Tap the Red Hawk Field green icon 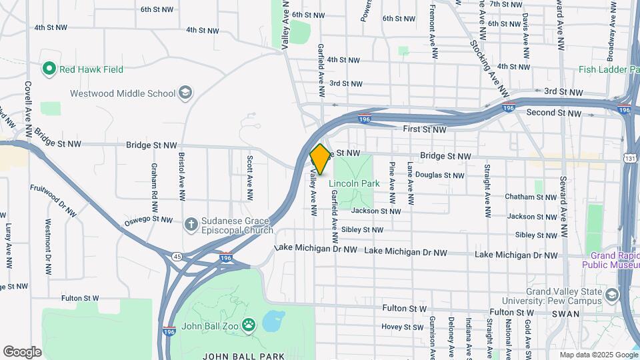[49, 69]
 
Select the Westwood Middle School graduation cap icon [186, 93]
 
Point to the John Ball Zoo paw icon [248, 325]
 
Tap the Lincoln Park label [354, 183]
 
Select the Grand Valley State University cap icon [611, 295]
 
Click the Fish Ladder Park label [608, 69]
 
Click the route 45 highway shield [177, 256]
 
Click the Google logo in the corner [22, 351]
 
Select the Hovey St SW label [402, 327]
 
